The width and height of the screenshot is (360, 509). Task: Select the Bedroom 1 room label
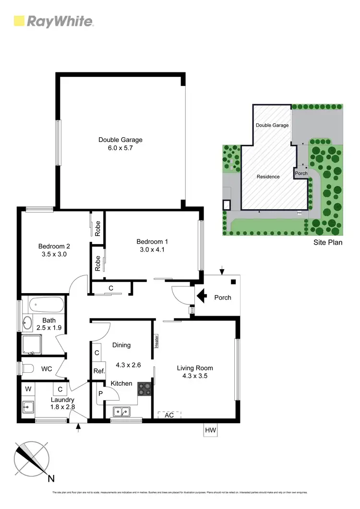click(152, 241)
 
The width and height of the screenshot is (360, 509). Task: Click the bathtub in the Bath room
click(46, 304)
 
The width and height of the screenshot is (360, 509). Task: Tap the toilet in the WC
click(28, 368)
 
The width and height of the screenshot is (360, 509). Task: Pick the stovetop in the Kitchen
click(144, 388)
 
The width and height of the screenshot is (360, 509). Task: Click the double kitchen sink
click(121, 411)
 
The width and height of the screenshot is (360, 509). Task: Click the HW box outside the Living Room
click(210, 430)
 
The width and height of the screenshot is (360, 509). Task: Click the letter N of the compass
click(51, 478)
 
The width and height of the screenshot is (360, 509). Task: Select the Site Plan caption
click(328, 242)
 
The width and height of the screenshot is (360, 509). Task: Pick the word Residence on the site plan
click(268, 177)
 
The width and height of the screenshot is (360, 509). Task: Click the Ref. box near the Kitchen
click(99, 371)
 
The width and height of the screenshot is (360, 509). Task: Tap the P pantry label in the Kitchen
click(100, 393)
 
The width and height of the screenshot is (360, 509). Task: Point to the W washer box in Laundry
click(28, 389)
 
